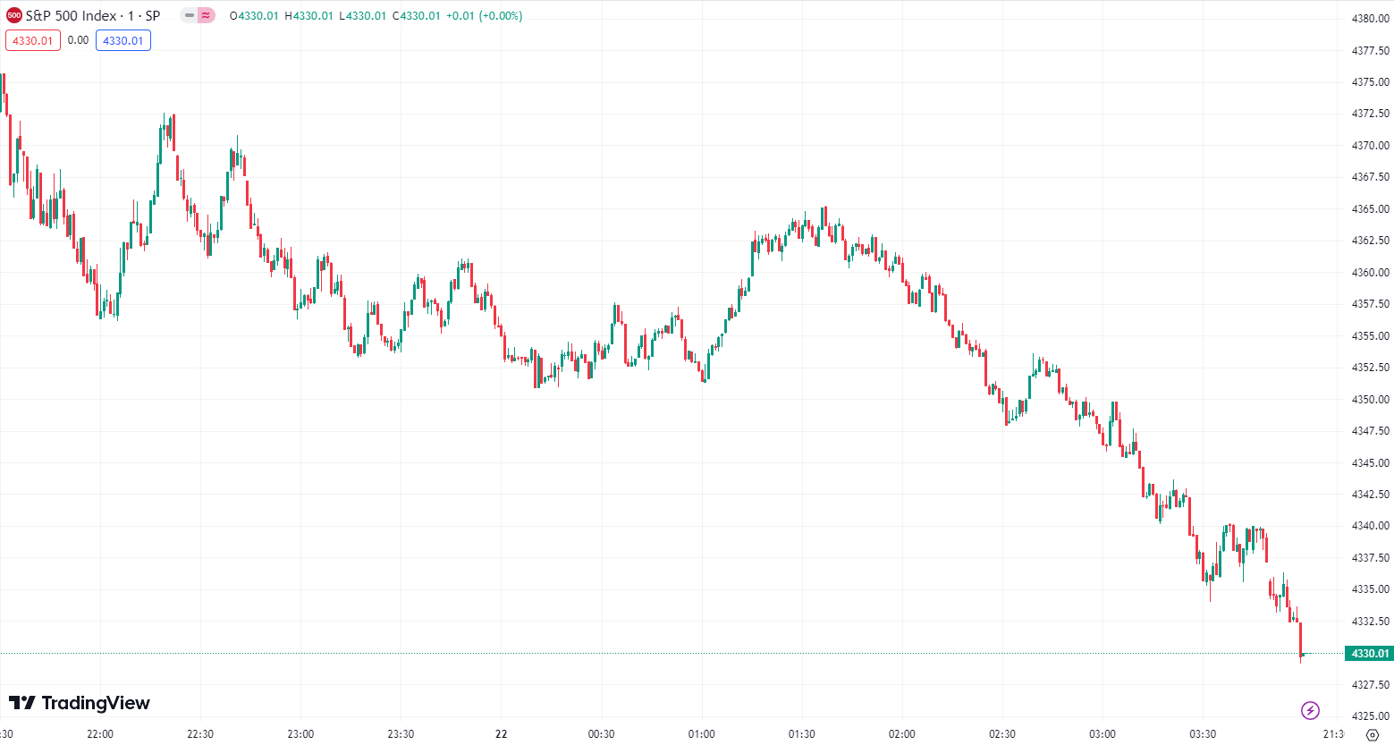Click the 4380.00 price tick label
click(x=1370, y=18)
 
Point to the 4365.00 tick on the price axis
click(x=1370, y=209)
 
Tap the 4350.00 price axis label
click(x=1370, y=400)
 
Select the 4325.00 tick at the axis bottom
click(x=1370, y=716)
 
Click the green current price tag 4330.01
click(x=1369, y=654)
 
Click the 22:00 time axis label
click(x=100, y=734)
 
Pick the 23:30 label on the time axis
click(x=401, y=734)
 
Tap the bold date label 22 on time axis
click(x=502, y=734)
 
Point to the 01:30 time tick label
click(x=801, y=734)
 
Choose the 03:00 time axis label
click(x=1102, y=734)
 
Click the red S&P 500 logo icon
click(x=14, y=15)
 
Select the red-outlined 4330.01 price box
click(x=33, y=40)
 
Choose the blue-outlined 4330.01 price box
click(x=123, y=40)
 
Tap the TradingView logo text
click(x=80, y=703)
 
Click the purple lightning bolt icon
click(x=1310, y=711)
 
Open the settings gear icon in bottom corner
click(x=1373, y=735)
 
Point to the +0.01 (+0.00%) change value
click(x=484, y=16)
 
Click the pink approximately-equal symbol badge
click(x=207, y=15)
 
